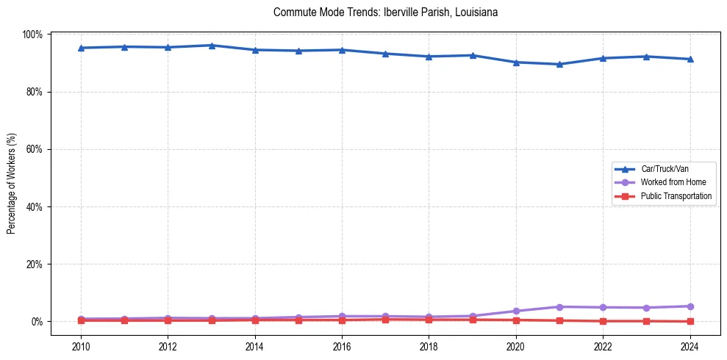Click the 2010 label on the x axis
81,346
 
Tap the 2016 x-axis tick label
342,346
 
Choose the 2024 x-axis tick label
690,346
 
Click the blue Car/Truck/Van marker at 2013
212,46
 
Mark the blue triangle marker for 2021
559,64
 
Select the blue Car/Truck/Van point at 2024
690,59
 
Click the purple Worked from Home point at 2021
559,306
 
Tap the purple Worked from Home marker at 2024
690,306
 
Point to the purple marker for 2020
516,311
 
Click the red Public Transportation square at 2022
603,321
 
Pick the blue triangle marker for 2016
342,50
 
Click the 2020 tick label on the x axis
516,346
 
